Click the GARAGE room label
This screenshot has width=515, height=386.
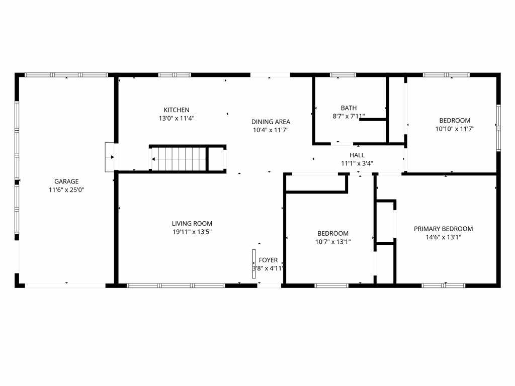click(66, 181)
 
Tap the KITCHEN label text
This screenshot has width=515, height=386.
click(177, 110)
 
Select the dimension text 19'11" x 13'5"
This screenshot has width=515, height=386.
click(192, 232)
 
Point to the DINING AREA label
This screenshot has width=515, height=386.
click(271, 122)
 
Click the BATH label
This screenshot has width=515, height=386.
click(349, 108)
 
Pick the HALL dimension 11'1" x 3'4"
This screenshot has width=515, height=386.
click(357, 163)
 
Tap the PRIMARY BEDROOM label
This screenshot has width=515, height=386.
click(444, 229)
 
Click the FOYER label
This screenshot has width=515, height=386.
click(269, 260)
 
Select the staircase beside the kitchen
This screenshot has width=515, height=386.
click(180, 159)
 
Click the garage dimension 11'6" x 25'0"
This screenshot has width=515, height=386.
click(67, 189)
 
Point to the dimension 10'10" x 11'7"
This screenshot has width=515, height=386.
click(455, 129)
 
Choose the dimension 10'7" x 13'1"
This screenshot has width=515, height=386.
click(333, 242)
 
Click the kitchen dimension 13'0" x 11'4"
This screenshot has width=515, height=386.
click(177, 118)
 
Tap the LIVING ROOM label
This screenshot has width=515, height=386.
click(192, 224)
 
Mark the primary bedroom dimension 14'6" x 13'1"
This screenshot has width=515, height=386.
click(444, 237)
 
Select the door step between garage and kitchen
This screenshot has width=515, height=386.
click(109, 157)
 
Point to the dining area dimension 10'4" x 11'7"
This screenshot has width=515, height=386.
click(271, 130)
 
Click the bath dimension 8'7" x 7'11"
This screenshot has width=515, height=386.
click(349, 116)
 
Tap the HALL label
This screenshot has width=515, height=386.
click(357, 155)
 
